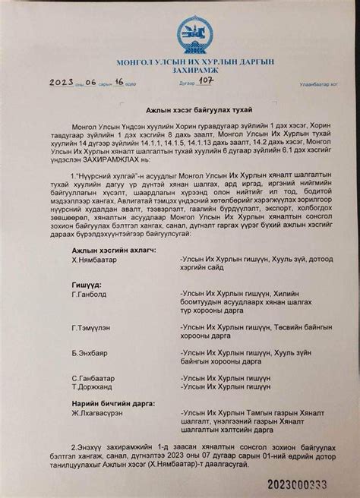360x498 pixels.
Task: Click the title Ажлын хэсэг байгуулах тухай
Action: [180, 110]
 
